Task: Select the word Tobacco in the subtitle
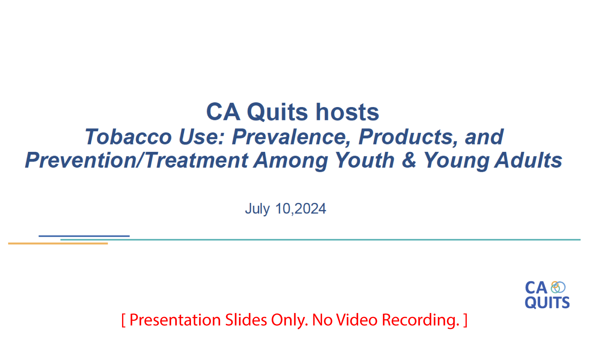tap(128, 137)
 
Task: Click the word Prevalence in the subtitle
tap(291, 137)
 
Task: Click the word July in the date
tap(257, 209)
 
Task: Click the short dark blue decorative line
tap(84, 236)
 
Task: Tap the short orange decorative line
tap(58, 243)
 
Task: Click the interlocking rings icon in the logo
tap(558, 287)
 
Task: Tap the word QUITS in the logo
tap(547, 303)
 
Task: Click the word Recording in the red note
tap(420, 320)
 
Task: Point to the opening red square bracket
tap(123, 320)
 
